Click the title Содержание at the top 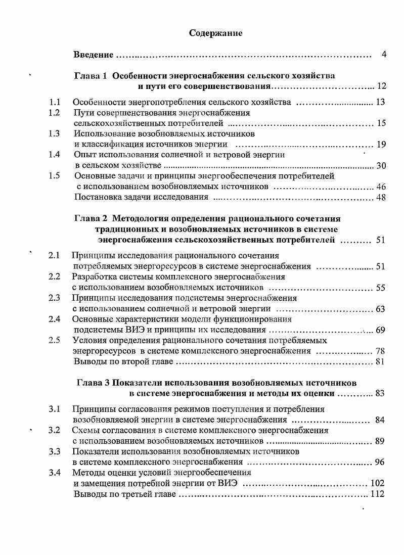pyautogui.click(x=215, y=33)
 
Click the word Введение pyautogui.click(x=93, y=54)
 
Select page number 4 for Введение pyautogui.click(x=384, y=54)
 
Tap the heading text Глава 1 pyautogui.click(x=91, y=76)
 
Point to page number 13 pyautogui.click(x=380, y=103)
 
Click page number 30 pyautogui.click(x=380, y=166)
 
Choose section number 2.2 pyautogui.click(x=54, y=277)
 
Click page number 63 pyautogui.click(x=380, y=309)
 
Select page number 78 pyautogui.click(x=380, y=351)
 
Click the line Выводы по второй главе pyautogui.click(x=123, y=362)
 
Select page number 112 pyautogui.click(x=377, y=494)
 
